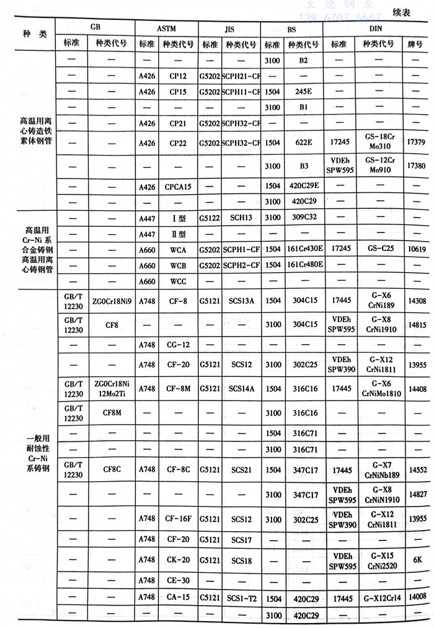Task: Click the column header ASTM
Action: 166,29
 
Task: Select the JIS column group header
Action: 229,29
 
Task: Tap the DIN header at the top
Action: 375,29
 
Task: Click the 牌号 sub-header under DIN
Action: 415,44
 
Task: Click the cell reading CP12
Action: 178,76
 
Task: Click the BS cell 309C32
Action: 303,218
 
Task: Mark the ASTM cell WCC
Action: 178,281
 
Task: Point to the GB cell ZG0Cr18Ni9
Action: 112,301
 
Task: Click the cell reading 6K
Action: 416,558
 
